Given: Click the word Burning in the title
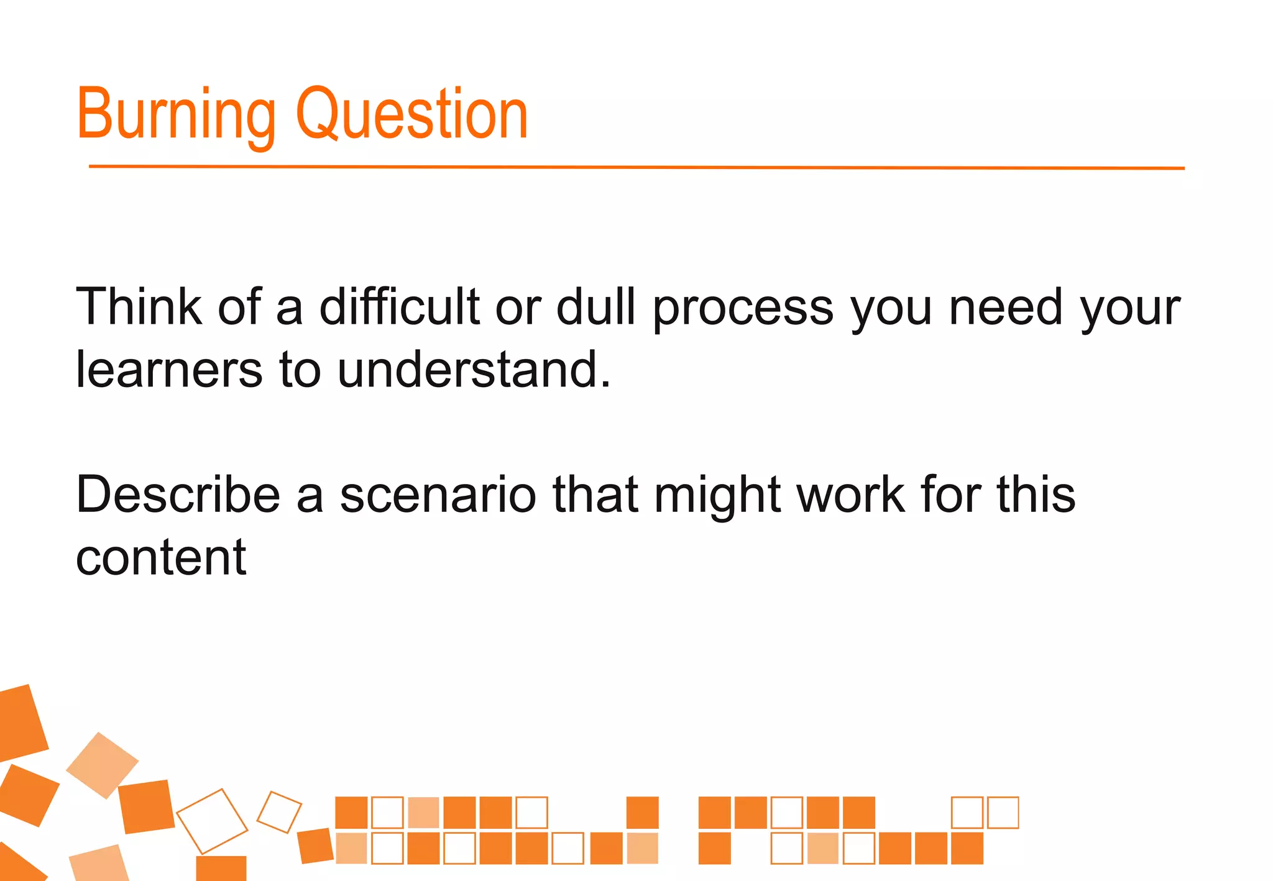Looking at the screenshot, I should pyautogui.click(x=176, y=115).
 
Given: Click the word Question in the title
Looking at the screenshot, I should pyautogui.click(x=411, y=115).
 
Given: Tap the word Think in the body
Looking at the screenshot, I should pyautogui.click(x=139, y=306).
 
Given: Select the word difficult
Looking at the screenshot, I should pyautogui.click(x=399, y=306).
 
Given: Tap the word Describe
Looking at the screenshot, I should pyautogui.click(x=178, y=495).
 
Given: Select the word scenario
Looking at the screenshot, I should pyautogui.click(x=438, y=496).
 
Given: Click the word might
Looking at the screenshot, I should pyautogui.click(x=717, y=496).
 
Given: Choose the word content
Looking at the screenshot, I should pyautogui.click(x=161, y=558).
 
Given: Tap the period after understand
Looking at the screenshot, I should pyautogui.click(x=605, y=385).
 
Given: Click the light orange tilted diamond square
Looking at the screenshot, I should pyautogui.click(x=103, y=765).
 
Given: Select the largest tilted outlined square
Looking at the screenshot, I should pyautogui.click(x=212, y=821).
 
